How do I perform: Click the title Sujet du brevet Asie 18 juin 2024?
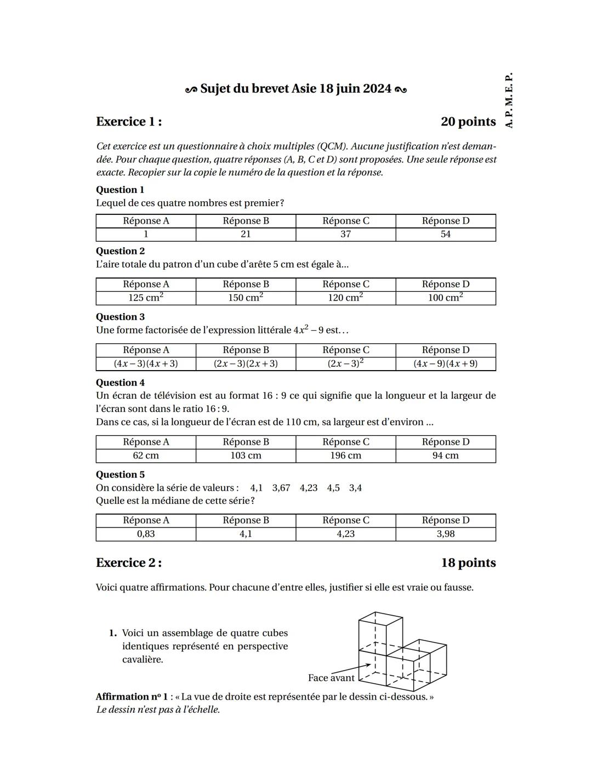(296, 89)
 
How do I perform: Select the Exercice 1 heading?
(129, 122)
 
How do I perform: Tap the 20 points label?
(468, 122)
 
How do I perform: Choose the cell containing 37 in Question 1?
(345, 234)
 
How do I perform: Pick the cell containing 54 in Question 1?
(445, 234)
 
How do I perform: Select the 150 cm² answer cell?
(246, 298)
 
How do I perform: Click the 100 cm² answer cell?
(445, 298)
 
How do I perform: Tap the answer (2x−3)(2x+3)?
(246, 364)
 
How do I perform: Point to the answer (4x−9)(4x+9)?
(445, 364)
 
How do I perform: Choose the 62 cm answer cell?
(146, 456)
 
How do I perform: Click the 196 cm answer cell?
(345, 456)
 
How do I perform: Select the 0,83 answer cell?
(146, 534)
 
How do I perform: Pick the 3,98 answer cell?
(445, 534)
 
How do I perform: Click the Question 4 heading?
(120, 383)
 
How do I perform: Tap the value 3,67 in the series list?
(281, 488)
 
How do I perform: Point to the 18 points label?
(468, 563)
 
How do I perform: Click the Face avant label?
(331, 678)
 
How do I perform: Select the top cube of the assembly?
(380, 633)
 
